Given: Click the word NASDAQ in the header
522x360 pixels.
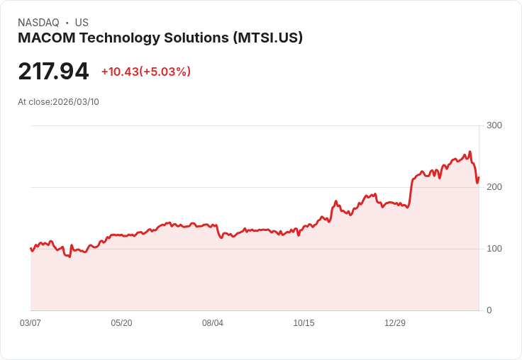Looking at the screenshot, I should point(38,23).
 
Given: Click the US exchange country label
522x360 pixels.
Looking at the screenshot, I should point(82,23).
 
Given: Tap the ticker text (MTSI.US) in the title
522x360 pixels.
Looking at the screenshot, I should point(267,38).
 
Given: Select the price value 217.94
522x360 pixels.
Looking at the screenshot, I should point(53,72).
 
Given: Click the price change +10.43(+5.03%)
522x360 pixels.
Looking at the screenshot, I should point(146,72).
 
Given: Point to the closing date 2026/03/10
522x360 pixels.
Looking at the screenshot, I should point(76,102).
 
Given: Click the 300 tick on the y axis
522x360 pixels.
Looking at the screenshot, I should point(494,125).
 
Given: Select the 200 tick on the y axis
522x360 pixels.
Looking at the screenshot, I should point(494,187).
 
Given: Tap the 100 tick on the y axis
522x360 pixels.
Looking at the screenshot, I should point(494,249).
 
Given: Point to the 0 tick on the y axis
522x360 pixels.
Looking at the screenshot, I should point(489,310).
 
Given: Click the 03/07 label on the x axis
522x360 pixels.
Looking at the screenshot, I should point(30,323).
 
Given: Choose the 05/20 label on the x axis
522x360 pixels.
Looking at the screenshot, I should point(121,323).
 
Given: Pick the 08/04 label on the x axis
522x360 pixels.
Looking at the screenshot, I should point(213,323).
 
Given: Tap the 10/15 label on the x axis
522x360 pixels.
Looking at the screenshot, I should point(304,323).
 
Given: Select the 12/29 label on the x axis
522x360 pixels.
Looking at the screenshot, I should point(395,323).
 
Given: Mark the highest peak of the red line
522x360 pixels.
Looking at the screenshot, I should point(470,151).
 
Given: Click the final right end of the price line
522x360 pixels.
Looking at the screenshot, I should point(479,177).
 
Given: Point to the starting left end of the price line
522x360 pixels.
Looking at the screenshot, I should point(30,248).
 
